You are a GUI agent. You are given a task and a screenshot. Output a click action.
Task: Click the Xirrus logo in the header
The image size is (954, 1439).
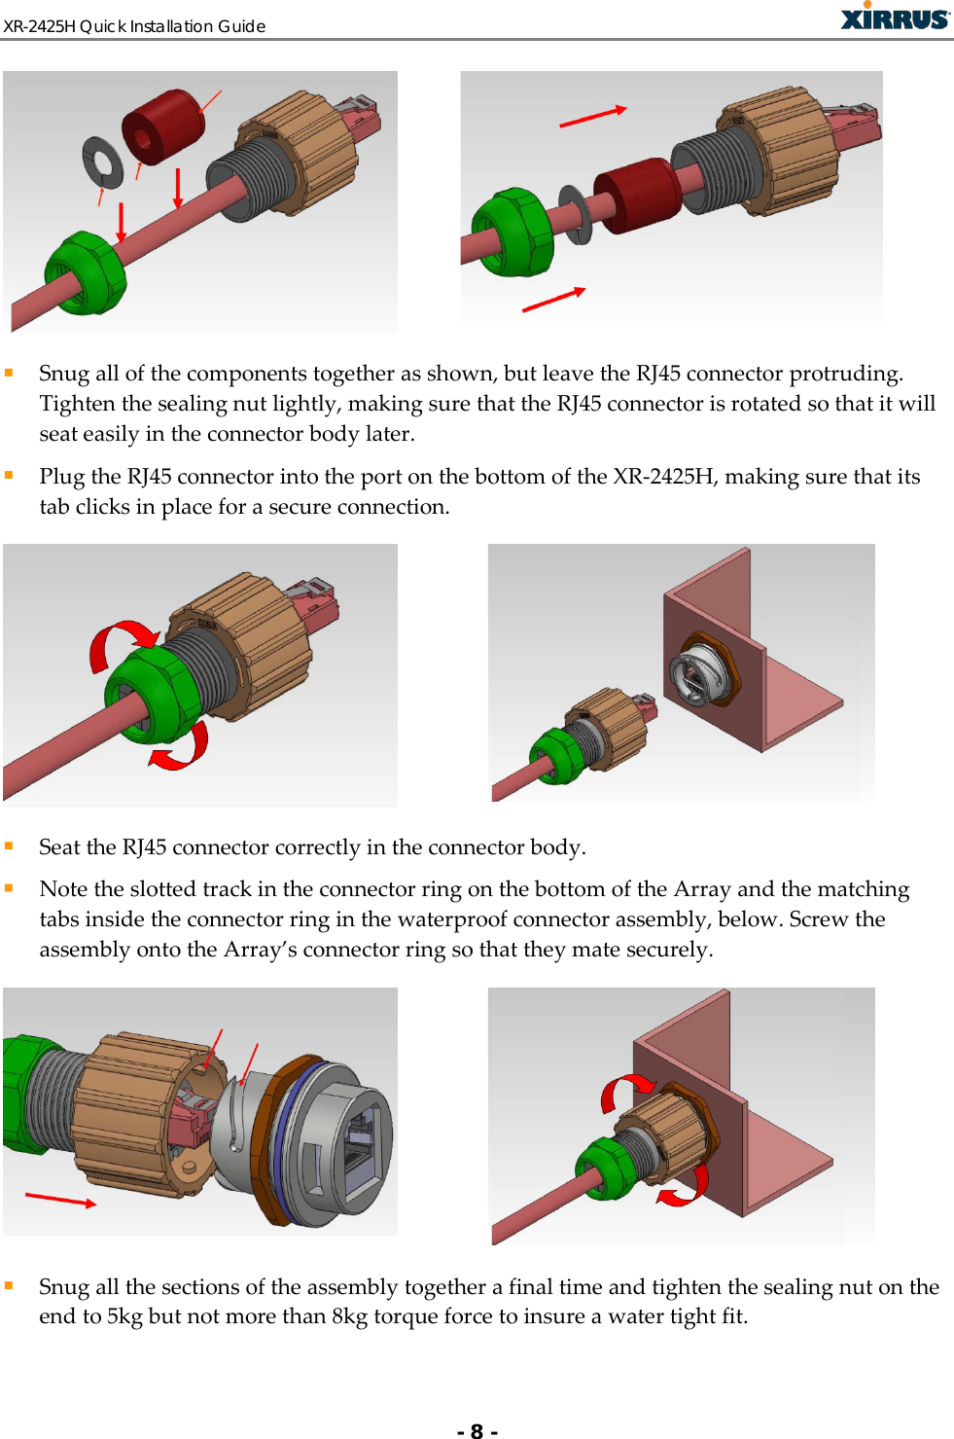pyautogui.click(x=894, y=18)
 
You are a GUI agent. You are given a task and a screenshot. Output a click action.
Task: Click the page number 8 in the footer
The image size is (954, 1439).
pyautogui.click(x=477, y=1429)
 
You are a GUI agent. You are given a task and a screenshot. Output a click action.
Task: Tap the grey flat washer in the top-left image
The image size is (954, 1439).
pyautogui.click(x=102, y=162)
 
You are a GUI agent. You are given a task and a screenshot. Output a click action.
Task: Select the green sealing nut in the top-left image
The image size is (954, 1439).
pyautogui.click(x=85, y=273)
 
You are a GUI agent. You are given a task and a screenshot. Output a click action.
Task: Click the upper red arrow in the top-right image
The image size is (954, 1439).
pyautogui.click(x=592, y=117)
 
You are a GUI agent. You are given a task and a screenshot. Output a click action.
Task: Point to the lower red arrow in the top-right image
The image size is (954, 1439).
pyautogui.click(x=553, y=300)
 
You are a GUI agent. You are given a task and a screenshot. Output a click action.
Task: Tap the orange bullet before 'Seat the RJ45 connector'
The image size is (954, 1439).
pyautogui.click(x=9, y=845)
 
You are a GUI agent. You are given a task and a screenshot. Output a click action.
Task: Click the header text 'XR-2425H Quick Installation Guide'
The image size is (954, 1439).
pyautogui.click(x=134, y=26)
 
